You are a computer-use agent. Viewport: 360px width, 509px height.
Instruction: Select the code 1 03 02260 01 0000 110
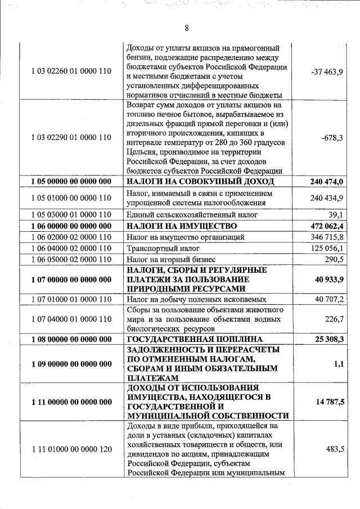coord(71,71)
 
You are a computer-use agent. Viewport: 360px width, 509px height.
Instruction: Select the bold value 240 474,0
coord(327,181)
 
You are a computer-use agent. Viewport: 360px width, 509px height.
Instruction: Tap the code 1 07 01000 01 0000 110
coord(71,299)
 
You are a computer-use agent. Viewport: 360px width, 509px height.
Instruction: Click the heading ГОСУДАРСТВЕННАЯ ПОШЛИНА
coord(195,339)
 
